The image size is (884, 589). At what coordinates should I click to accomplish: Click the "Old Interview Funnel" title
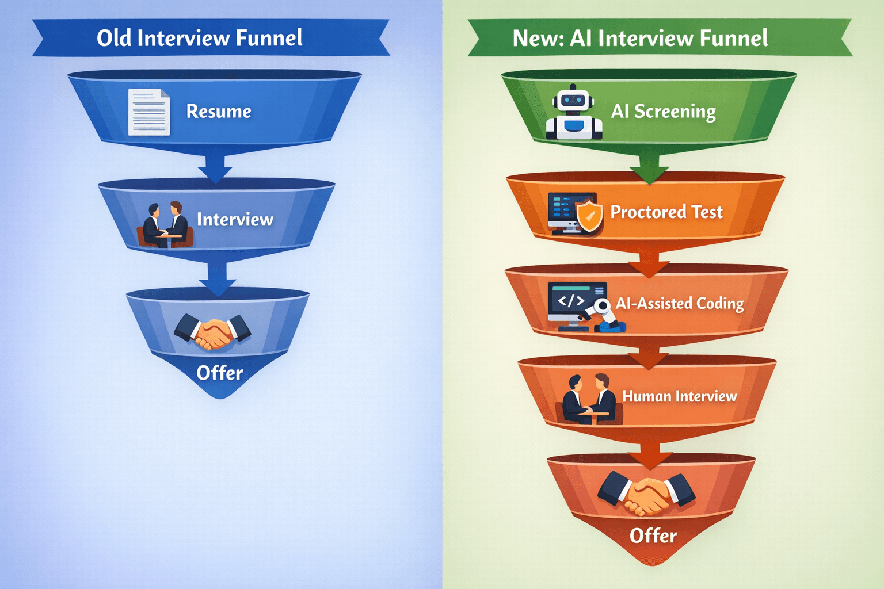coord(199,38)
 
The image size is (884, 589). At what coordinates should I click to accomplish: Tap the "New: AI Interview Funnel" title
coord(640,38)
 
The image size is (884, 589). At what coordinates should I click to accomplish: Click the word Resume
coord(219,111)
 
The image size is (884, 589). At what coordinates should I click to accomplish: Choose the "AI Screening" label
coord(663,111)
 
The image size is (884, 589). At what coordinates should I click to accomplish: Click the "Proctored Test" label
coord(666,212)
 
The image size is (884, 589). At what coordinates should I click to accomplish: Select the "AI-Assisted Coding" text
coord(680,303)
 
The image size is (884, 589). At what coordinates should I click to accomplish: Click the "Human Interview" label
coord(679,396)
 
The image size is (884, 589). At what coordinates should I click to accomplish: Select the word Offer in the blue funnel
coord(219,373)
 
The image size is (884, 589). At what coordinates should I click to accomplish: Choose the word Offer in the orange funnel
coord(653,536)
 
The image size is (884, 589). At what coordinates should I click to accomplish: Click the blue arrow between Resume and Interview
coord(215,168)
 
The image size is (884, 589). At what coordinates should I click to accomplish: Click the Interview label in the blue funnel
coord(235,219)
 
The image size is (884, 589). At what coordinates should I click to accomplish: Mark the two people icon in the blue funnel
coord(165,225)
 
